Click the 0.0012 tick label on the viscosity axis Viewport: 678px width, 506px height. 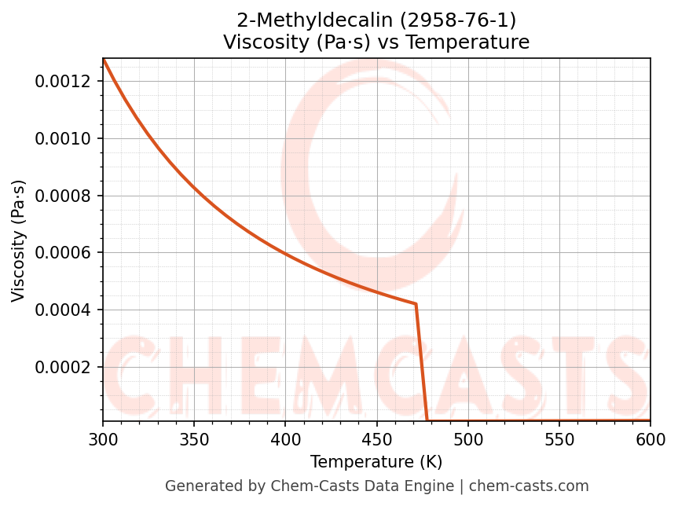pyautogui.click(x=65, y=82)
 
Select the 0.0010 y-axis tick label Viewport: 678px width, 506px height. pyautogui.click(x=65, y=139)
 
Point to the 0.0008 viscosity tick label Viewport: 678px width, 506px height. pyautogui.click(x=65, y=196)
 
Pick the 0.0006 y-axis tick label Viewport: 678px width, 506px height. pyautogui.click(x=65, y=253)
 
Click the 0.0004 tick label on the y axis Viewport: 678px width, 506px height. pyautogui.click(x=65, y=310)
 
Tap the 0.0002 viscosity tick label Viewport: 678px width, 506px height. pyautogui.click(x=65, y=367)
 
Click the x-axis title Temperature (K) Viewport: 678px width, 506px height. pyautogui.click(x=376, y=462)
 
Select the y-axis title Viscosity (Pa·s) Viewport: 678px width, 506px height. pyautogui.click(x=19, y=240)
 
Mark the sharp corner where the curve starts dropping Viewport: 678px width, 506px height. pyautogui.click(x=416, y=303)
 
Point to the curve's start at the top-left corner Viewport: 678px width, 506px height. pyautogui.click(x=103, y=59)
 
